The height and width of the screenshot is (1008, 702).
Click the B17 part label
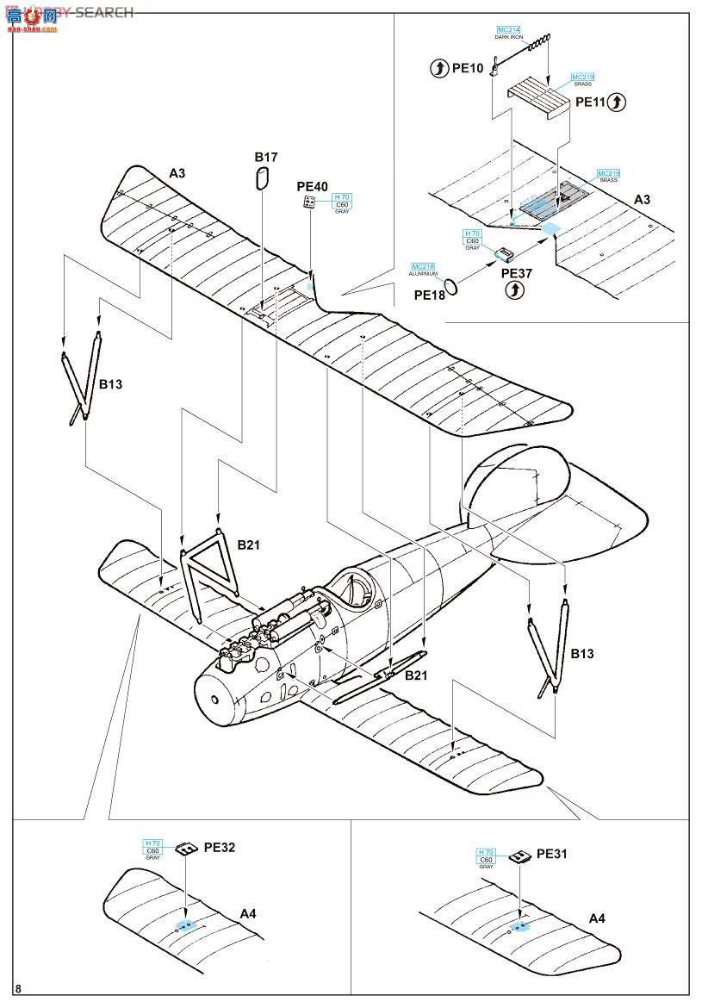tap(265, 157)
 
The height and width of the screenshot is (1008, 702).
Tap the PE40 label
tap(312, 185)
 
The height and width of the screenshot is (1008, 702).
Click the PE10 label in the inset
tap(468, 68)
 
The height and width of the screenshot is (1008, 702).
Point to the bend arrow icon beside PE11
tap(616, 102)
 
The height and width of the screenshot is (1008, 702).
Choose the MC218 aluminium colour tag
tap(424, 266)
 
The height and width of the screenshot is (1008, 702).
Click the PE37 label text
tap(515, 273)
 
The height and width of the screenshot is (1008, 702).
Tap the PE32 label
tap(220, 847)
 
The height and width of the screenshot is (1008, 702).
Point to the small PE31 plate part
tap(519, 857)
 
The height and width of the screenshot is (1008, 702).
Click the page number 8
tap(18, 988)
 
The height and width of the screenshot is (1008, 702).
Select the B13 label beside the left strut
tap(110, 384)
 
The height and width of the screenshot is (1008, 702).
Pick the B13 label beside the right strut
tap(582, 654)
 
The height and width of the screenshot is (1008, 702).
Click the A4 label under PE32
tap(248, 913)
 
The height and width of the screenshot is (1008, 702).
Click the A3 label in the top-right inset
tap(643, 199)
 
